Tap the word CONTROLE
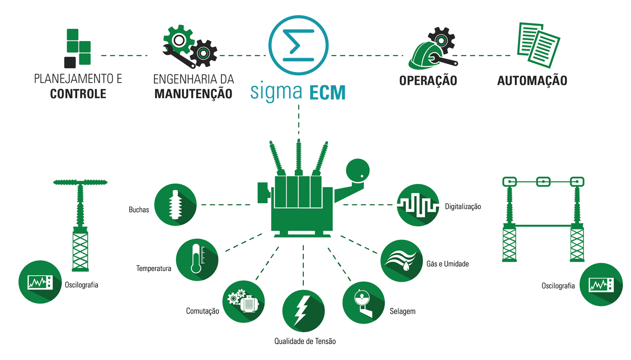coord(78,94)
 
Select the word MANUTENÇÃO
coord(193,94)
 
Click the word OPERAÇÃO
coord(428,81)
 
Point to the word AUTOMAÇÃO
coord(532,81)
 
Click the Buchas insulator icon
coord(175,205)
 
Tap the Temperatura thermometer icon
coord(197,260)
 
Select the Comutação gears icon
coord(243,301)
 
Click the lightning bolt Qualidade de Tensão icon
coord(303,310)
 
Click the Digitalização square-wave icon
coord(418,205)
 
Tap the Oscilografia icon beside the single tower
coord(40,282)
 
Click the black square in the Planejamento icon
coord(70,62)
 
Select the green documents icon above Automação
coord(538,44)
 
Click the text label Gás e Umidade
coord(448,264)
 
